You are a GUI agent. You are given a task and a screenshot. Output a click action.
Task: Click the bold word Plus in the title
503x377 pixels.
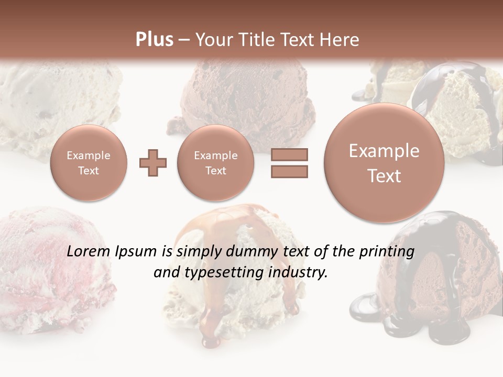[154, 39]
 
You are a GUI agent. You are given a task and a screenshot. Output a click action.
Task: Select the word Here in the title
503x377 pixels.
[340, 40]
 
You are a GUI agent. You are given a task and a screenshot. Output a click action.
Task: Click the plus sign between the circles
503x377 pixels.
[153, 163]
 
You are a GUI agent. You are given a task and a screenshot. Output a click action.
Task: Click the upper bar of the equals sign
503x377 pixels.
[289, 154]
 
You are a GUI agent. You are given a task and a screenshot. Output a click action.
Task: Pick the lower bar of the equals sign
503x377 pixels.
[289, 172]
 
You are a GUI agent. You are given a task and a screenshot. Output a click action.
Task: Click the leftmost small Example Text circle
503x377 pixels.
[89, 163]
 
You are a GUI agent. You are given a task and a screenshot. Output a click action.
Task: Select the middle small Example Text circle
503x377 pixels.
[215, 163]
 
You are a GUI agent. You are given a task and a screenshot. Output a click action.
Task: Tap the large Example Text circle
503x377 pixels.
[384, 163]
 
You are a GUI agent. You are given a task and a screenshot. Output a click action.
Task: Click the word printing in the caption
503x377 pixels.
[387, 252]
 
